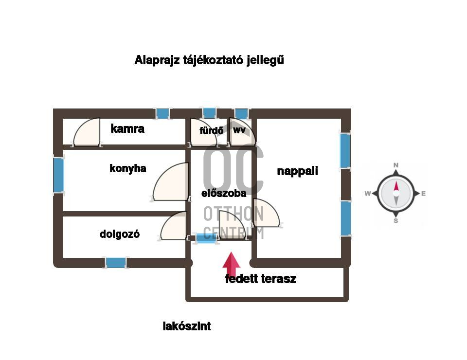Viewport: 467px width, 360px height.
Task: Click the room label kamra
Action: coord(127,129)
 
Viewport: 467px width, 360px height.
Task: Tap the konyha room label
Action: coord(128,169)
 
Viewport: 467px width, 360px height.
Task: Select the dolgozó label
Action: coord(120,234)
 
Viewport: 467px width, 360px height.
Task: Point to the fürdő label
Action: coord(212,130)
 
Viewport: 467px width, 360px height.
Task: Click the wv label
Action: coord(239,130)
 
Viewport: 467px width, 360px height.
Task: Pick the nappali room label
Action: coord(297,171)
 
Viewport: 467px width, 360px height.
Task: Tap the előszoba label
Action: coord(224,193)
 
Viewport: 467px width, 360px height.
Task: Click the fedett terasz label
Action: coord(261,279)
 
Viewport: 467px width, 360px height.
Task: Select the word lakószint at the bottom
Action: coord(187,326)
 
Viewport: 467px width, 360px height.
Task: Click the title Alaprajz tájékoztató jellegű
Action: coord(209,61)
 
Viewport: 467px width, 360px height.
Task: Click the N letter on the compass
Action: coord(396,165)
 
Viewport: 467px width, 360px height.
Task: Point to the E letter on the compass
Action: coord(424,194)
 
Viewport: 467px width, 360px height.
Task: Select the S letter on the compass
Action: coord(396,221)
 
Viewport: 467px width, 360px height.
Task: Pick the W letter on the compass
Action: coord(368,194)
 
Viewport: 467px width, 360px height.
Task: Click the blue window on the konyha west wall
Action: coord(58,175)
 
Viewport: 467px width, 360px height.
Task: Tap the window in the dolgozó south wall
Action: coord(116,263)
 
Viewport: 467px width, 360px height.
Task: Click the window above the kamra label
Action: coord(163,113)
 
